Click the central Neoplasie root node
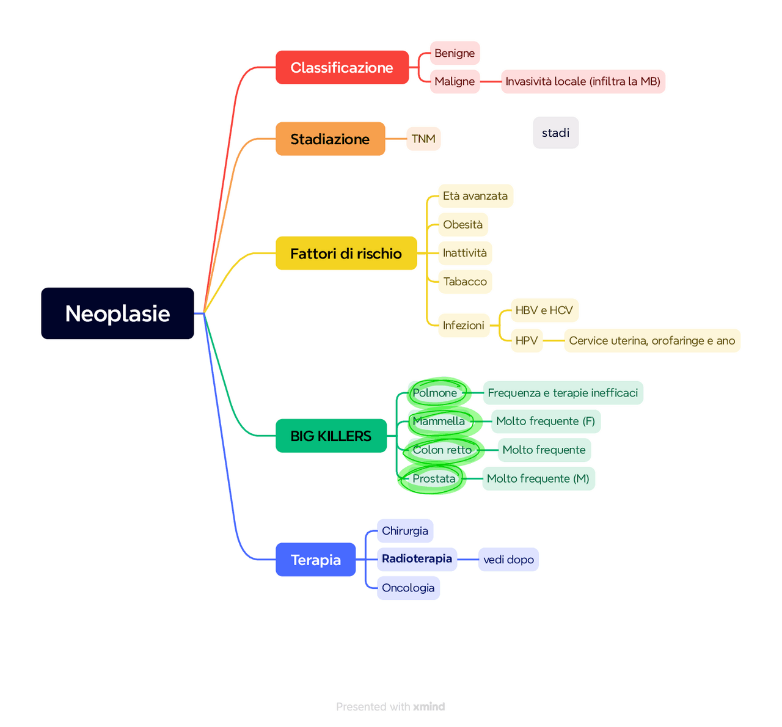[117, 313]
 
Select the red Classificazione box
[342, 67]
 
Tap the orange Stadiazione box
[330, 139]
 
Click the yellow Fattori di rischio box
[346, 253]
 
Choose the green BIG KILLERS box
[331, 436]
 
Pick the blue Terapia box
[315, 560]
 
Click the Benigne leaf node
[455, 53]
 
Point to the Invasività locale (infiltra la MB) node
[583, 81]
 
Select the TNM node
[423, 139]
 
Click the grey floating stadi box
[555, 133]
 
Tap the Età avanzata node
[475, 196]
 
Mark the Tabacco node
[465, 282]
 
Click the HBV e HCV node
[544, 310]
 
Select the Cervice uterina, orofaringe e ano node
[652, 340]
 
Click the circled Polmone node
[435, 393]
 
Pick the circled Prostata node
[434, 478]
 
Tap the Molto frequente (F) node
[546, 421]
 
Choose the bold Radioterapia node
[417, 559]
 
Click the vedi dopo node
[508, 560]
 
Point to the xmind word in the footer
[429, 707]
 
